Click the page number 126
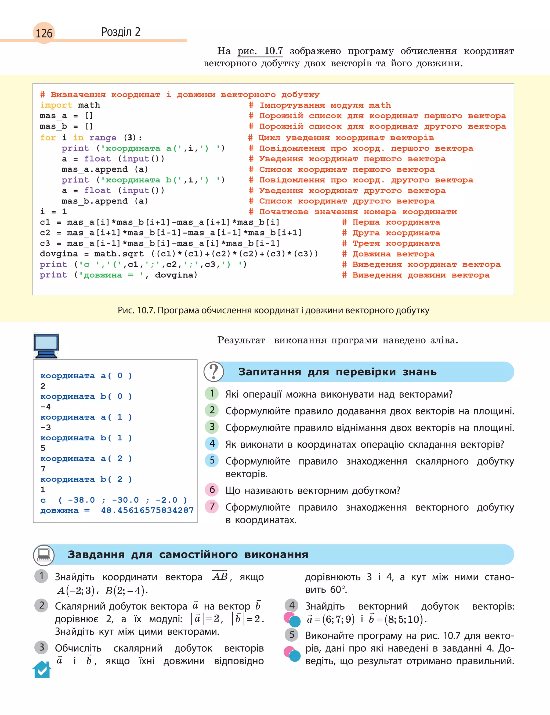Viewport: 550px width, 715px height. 44,33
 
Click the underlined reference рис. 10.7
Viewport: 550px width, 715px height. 260,51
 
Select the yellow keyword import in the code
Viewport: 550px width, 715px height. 56,105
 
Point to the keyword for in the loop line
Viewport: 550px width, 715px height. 48,137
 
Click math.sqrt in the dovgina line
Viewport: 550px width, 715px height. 119,254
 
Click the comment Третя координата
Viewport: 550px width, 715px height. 396,243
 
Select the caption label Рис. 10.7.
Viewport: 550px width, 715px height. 136,310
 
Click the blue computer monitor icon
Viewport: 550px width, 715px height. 46,345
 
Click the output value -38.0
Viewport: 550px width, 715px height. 81,500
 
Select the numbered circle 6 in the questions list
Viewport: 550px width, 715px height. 212,489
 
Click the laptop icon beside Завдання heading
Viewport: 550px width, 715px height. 44,554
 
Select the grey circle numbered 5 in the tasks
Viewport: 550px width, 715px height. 292,635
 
